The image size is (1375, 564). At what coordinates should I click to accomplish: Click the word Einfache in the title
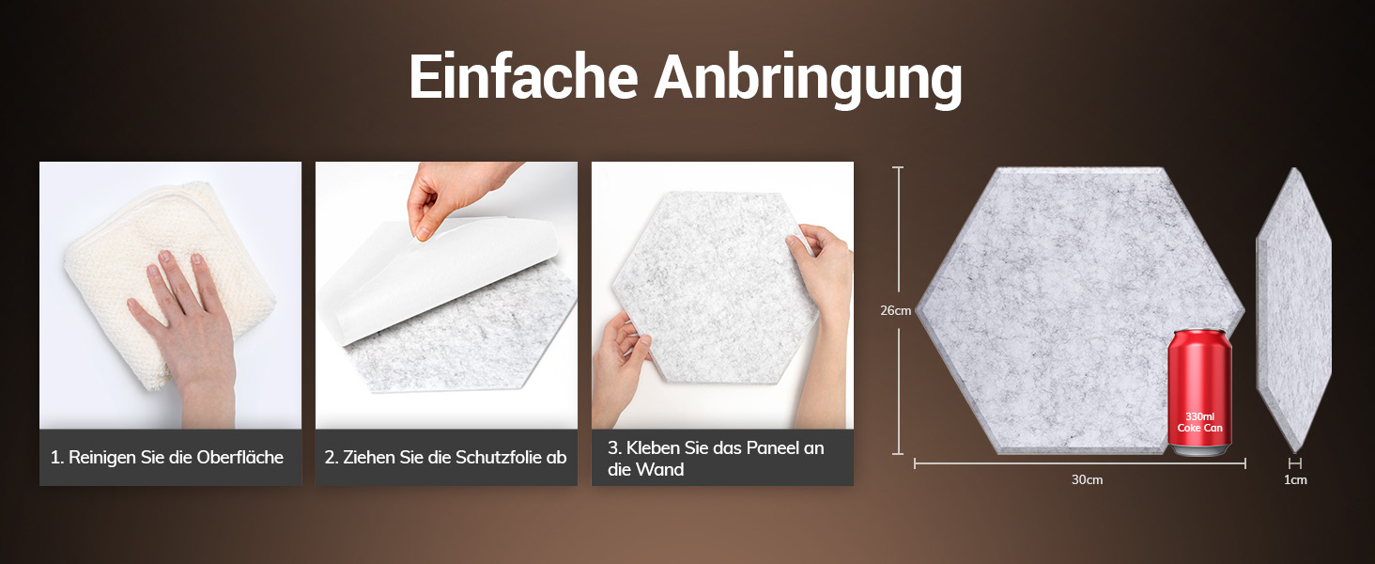[x=523, y=77]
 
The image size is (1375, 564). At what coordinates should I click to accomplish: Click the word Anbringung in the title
[x=808, y=81]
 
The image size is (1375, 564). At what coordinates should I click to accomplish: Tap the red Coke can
[x=1199, y=392]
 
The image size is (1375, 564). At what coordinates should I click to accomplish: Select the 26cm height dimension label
[x=896, y=311]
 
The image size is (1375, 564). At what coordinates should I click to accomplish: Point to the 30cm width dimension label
[x=1087, y=479]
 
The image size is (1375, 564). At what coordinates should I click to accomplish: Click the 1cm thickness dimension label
[x=1295, y=479]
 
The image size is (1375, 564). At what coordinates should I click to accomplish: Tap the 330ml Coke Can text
[x=1199, y=422]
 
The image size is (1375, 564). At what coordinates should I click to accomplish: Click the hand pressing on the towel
[x=184, y=332]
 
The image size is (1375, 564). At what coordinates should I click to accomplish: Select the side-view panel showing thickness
[x=1294, y=310]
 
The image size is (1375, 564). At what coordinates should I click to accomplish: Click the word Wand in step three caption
[x=662, y=470]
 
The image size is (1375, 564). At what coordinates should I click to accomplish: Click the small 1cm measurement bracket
[x=1294, y=463]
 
